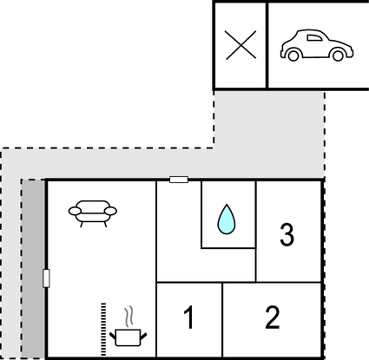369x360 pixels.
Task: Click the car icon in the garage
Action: (317, 45)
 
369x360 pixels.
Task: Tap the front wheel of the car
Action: (338, 56)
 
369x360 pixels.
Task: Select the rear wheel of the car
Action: (293, 56)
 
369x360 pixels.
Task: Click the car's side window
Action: (314, 38)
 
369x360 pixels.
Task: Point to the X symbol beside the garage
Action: (241, 45)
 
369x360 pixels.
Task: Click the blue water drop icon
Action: (227, 219)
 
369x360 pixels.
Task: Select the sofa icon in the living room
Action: (93, 213)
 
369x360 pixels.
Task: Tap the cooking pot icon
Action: (128, 337)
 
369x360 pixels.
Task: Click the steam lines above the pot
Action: (129, 316)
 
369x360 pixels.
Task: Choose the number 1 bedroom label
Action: (188, 317)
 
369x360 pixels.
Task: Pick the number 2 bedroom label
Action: (273, 317)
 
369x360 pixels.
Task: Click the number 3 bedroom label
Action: (287, 234)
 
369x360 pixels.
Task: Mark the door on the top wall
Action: (179, 180)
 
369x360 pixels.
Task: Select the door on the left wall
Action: (46, 278)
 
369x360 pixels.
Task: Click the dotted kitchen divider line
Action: (103, 329)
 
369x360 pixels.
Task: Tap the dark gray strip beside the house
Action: (33, 269)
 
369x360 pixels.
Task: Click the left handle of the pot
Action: (113, 337)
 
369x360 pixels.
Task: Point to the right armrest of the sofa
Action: (111, 211)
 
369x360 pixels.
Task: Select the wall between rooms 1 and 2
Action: (222, 320)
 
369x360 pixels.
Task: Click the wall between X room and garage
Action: (267, 45)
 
